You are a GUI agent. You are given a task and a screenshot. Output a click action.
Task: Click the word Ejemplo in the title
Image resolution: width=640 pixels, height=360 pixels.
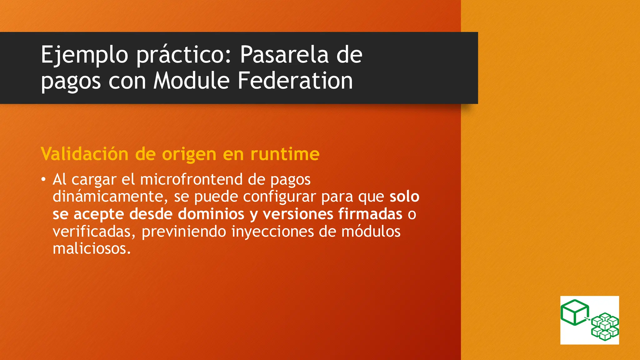[x=84, y=55]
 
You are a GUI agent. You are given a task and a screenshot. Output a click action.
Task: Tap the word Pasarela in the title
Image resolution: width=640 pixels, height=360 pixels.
[x=284, y=54]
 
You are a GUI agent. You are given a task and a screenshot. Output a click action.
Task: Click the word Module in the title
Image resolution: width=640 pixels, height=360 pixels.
[x=192, y=81]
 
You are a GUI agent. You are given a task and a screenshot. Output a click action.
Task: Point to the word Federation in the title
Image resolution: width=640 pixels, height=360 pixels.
[x=295, y=81]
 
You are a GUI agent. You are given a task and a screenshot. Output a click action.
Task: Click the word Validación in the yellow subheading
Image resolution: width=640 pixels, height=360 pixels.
[x=84, y=154]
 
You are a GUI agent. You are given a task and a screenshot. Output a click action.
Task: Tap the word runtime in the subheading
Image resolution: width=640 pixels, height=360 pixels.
[x=285, y=154]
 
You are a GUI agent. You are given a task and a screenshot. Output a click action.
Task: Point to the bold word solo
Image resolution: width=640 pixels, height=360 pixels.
[x=404, y=197]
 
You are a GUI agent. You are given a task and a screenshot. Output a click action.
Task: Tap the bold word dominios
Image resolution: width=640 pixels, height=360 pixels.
[x=211, y=214]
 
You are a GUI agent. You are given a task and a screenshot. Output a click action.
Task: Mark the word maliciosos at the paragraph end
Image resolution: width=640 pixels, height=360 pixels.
[x=91, y=249]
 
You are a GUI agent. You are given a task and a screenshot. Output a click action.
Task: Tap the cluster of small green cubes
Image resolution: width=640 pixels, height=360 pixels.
[x=605, y=327]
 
